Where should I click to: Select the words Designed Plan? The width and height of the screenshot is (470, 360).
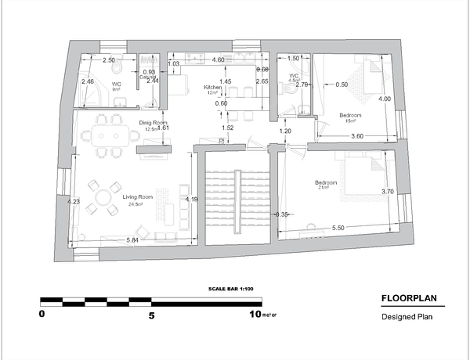(x=407, y=317)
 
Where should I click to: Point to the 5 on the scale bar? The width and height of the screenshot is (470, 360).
(x=152, y=315)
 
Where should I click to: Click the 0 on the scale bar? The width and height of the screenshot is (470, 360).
(x=42, y=315)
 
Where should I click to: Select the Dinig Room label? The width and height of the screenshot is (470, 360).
(x=154, y=122)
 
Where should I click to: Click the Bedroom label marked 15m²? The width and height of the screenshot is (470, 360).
(x=350, y=115)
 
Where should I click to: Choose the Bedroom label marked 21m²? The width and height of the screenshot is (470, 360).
(x=327, y=183)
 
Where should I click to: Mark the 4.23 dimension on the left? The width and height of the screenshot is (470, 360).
(x=74, y=202)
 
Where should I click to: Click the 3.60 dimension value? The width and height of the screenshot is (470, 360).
(x=356, y=137)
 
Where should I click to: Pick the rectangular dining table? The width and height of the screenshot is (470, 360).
(x=107, y=135)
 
